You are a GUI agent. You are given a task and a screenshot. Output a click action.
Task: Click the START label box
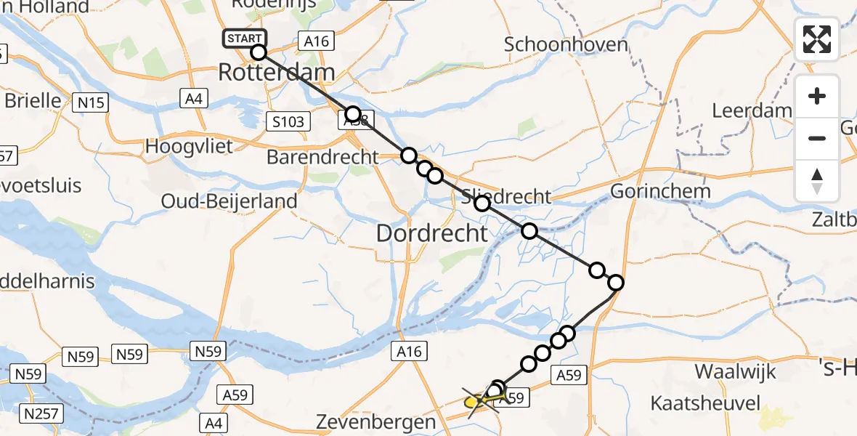point(245,39)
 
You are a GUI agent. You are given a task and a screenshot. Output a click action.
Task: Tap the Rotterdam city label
point(277,73)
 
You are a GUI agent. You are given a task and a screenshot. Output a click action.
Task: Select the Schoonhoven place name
point(566,44)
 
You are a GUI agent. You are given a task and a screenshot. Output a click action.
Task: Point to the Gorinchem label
point(659,192)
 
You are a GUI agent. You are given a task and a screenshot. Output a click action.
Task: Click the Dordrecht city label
point(431,233)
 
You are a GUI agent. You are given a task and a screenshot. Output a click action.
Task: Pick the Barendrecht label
point(322,157)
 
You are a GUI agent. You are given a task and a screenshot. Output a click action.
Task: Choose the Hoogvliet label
point(189,145)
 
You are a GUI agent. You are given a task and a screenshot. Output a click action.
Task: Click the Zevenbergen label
point(376,421)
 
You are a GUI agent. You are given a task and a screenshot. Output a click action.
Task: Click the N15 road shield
point(91,102)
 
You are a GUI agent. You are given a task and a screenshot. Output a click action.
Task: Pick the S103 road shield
point(288,121)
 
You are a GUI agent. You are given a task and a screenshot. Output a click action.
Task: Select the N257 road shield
point(42,414)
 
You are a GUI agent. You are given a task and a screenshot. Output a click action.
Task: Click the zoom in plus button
point(817,96)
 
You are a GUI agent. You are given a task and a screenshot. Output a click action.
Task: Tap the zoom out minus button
point(817,138)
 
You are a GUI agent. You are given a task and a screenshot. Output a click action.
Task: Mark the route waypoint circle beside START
point(259,52)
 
